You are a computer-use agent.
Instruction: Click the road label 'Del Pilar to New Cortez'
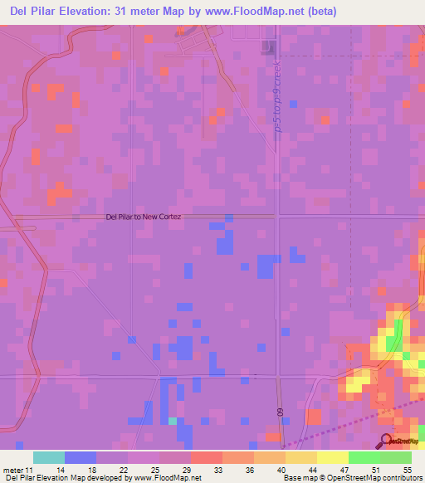pyautogui.click(x=144, y=217)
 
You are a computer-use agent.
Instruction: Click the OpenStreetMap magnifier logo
pyautogui.click(x=387, y=441)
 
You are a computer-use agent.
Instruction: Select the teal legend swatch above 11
pyautogui.click(x=49, y=457)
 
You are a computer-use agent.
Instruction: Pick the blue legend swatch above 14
pyautogui.click(x=81, y=457)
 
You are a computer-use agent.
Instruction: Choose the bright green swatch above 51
pyautogui.click(x=364, y=457)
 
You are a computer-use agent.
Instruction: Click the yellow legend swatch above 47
pyautogui.click(x=332, y=457)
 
